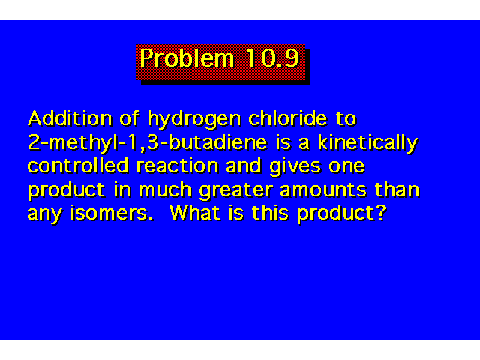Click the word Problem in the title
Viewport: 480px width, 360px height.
pyautogui.click(x=187, y=58)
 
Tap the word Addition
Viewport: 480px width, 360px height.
pyautogui.click(x=70, y=118)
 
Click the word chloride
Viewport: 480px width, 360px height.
pyautogui.click(x=288, y=118)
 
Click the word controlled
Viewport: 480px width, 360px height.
pyautogui.click(x=78, y=166)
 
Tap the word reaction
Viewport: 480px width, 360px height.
pyautogui.click(x=178, y=166)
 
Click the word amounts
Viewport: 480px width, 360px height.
pyautogui.click(x=323, y=190)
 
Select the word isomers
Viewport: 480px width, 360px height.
pyautogui.click(x=112, y=213)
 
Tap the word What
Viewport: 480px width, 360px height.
pyautogui.click(x=195, y=213)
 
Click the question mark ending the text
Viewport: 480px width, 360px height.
pyautogui.click(x=382, y=213)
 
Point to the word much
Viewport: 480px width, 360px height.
pyautogui.click(x=165, y=190)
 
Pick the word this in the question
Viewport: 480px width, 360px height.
pyautogui.click(x=270, y=213)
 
